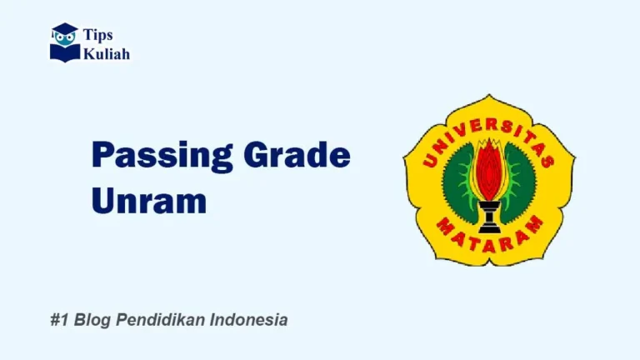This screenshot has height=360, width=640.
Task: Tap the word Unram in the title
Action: pos(148,200)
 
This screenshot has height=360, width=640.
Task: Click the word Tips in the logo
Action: pos(98,35)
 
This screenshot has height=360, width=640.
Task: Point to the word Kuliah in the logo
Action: pos(107,53)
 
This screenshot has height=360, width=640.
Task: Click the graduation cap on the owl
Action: pos(65,30)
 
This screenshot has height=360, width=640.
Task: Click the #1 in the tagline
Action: pos(58,320)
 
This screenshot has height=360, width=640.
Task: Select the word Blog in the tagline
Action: pos(91,320)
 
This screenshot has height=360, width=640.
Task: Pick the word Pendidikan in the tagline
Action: pos(158,320)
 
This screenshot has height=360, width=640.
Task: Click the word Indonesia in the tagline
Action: pos(249,320)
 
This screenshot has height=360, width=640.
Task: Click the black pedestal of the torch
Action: pos(489,217)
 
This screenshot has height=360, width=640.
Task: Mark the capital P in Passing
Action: pos(102,156)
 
